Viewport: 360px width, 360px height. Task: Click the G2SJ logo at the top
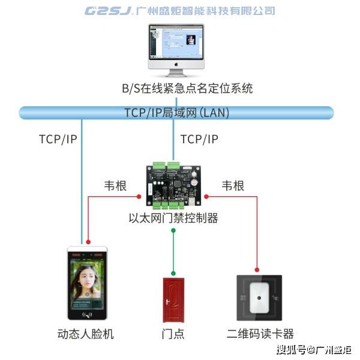click(109, 11)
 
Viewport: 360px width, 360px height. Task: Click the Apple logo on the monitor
click(176, 64)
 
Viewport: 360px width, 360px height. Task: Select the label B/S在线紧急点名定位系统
click(187, 88)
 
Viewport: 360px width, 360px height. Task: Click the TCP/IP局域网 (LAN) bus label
click(177, 113)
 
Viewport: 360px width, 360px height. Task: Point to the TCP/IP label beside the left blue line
click(58, 139)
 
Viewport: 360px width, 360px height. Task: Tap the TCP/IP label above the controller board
click(199, 139)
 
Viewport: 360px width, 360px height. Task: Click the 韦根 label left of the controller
click(115, 186)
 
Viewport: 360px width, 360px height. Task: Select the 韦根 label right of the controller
click(233, 186)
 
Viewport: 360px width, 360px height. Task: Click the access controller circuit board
click(173, 185)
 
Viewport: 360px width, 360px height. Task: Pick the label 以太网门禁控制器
click(173, 218)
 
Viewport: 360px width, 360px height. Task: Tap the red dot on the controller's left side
click(139, 197)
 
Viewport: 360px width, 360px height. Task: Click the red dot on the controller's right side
click(206, 197)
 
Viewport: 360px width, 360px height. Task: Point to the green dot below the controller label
click(173, 230)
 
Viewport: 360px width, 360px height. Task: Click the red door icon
click(173, 300)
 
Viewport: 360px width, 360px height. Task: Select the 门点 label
click(173, 334)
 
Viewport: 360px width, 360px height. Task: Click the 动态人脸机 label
click(85, 334)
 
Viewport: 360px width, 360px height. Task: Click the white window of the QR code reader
click(259, 298)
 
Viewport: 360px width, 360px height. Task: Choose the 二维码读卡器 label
click(260, 334)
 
